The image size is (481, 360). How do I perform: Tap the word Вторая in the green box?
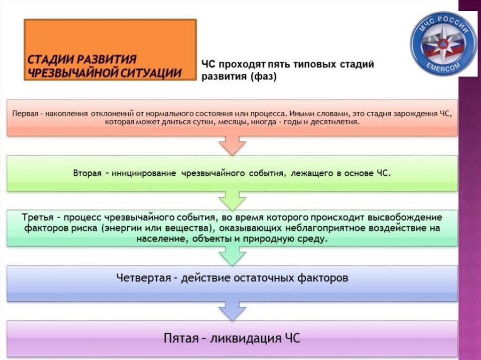click(x=87, y=173)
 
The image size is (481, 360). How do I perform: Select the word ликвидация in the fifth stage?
click(x=248, y=338)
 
